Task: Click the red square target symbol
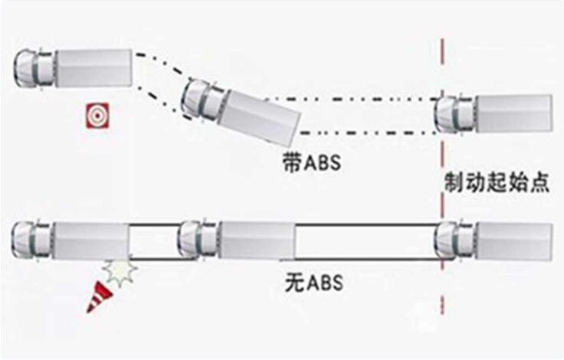point(97,116)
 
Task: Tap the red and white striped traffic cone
point(100,297)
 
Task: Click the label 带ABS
point(311,162)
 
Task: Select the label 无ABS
point(313,283)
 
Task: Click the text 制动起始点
point(497,183)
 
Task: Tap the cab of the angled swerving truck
point(202,100)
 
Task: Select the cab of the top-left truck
point(34,68)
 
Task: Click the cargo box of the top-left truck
point(94,68)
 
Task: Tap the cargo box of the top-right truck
point(514,113)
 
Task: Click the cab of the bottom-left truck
point(31,240)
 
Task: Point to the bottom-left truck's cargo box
point(91,241)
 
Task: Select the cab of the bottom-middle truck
point(199,240)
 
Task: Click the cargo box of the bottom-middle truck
point(257,240)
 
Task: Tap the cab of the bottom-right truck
point(454,241)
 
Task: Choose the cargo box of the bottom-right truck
point(514,242)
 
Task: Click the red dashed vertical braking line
point(442,176)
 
